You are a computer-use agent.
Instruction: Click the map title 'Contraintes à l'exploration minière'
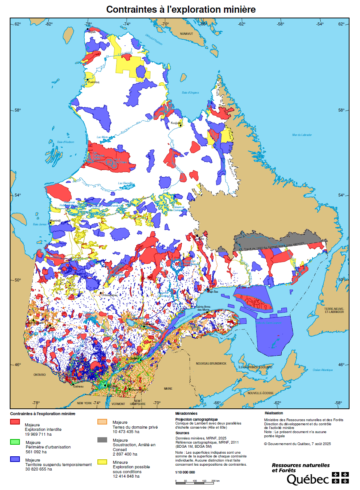click(x=181, y=9)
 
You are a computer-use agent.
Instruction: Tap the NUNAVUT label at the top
click(x=186, y=34)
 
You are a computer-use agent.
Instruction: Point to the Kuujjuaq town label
click(x=176, y=123)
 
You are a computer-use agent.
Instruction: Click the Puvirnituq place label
click(x=94, y=82)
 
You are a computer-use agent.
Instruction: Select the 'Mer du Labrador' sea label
click(x=302, y=135)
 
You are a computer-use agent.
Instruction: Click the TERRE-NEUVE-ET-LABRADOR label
click(x=334, y=310)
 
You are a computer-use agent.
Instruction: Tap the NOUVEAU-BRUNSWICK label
click(x=211, y=363)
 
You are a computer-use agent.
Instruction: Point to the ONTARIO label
click(x=39, y=375)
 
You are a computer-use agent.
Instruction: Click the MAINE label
click(x=168, y=389)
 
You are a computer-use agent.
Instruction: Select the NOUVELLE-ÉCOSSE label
click(x=260, y=393)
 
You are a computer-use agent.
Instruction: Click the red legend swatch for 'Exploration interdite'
click(x=15, y=421)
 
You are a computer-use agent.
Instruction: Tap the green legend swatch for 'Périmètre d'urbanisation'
click(x=15, y=442)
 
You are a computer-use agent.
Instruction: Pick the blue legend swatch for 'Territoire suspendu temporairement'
click(x=15, y=459)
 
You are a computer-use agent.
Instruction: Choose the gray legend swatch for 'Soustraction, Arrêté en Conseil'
click(x=102, y=439)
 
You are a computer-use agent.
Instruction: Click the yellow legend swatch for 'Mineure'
click(x=102, y=462)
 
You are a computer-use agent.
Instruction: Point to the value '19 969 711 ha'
click(x=38, y=434)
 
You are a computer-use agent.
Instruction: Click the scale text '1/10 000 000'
click(x=185, y=472)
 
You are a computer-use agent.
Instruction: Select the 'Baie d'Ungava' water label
click(x=190, y=92)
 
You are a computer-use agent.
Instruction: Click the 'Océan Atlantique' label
click(x=323, y=370)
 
